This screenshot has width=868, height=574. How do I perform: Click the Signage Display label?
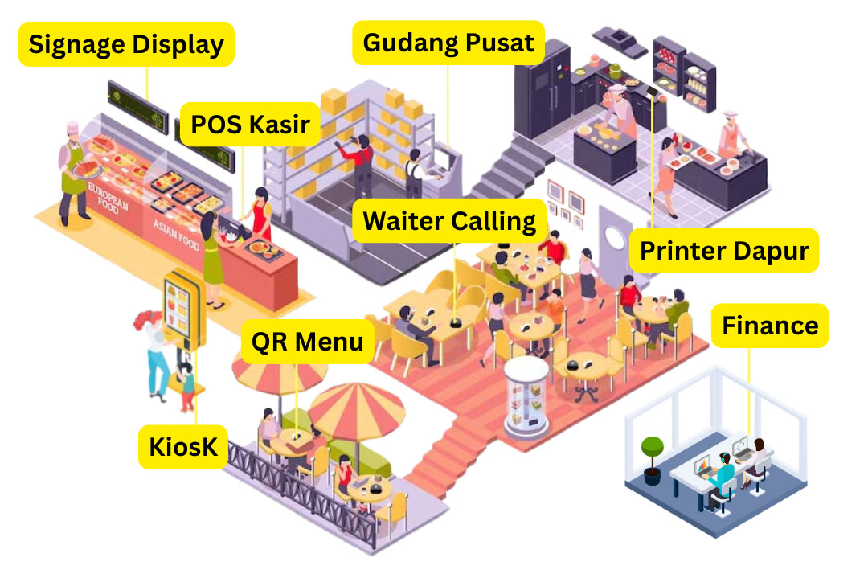pos(126,43)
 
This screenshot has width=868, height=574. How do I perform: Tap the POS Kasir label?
pos(250,124)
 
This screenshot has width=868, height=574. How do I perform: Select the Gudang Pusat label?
pos(448,42)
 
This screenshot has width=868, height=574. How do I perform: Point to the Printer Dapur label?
pos(724,250)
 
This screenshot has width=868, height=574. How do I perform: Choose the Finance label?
pos(769,325)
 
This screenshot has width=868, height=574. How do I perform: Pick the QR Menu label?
pos(308,341)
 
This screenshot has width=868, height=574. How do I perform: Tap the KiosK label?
pos(183,446)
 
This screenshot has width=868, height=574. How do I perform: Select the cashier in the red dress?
pos(260,214)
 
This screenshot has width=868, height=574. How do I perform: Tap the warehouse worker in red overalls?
pos(362,164)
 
